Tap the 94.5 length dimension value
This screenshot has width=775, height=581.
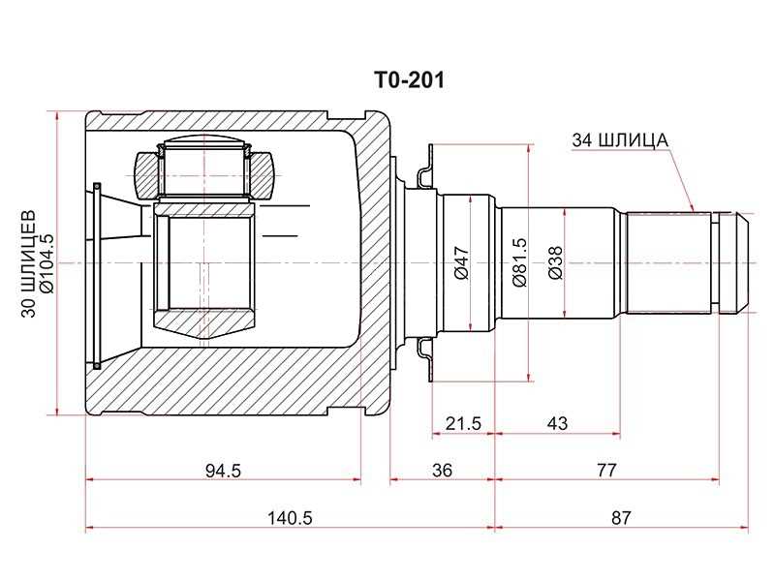223,470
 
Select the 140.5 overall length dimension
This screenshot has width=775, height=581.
290,518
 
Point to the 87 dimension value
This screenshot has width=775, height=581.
621,518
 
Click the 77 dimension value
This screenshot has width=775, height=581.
606,470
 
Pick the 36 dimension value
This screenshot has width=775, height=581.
442,470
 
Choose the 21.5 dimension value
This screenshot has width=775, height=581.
463,423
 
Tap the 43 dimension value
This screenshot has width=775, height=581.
558,423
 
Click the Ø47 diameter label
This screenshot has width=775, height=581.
462,262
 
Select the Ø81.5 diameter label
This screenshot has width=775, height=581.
520,262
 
